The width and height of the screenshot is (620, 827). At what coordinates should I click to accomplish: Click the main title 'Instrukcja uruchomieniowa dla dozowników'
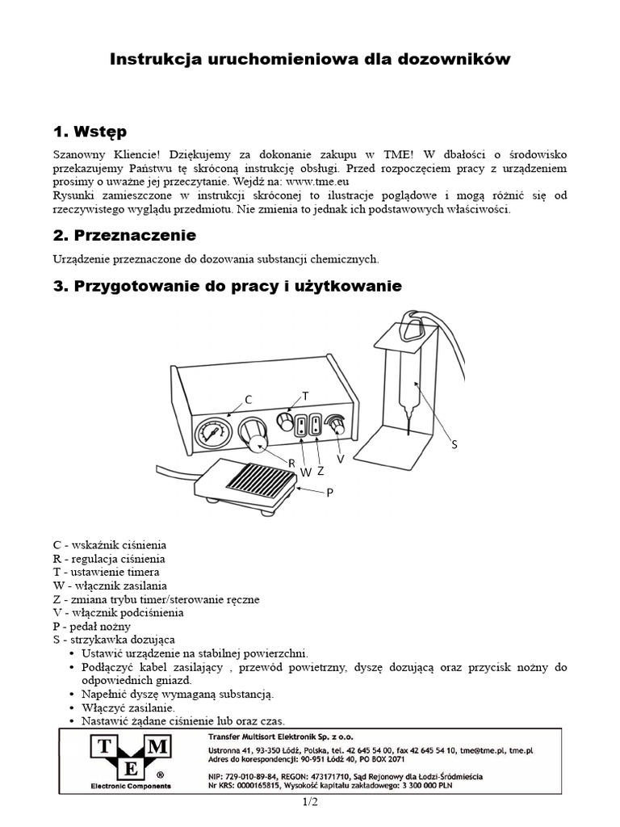click(310, 60)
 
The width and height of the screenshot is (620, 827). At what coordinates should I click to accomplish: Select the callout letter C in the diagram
click(249, 400)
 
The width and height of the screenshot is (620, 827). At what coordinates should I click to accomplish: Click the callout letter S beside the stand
click(454, 444)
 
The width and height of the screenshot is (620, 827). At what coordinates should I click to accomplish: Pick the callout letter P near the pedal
click(329, 492)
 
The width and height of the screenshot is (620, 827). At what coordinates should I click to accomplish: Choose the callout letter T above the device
click(305, 395)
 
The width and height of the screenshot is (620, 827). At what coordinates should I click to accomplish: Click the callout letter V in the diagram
click(341, 458)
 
